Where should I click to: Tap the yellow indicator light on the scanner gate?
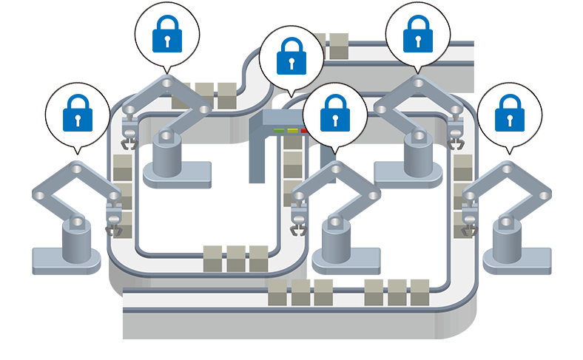(292, 131)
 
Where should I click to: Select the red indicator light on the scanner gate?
(304, 131)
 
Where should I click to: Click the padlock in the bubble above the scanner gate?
(291, 58)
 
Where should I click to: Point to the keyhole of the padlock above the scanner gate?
(291, 64)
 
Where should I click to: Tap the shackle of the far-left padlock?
(77, 101)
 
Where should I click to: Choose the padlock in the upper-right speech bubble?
(419, 34)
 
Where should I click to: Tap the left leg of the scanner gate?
(256, 159)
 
